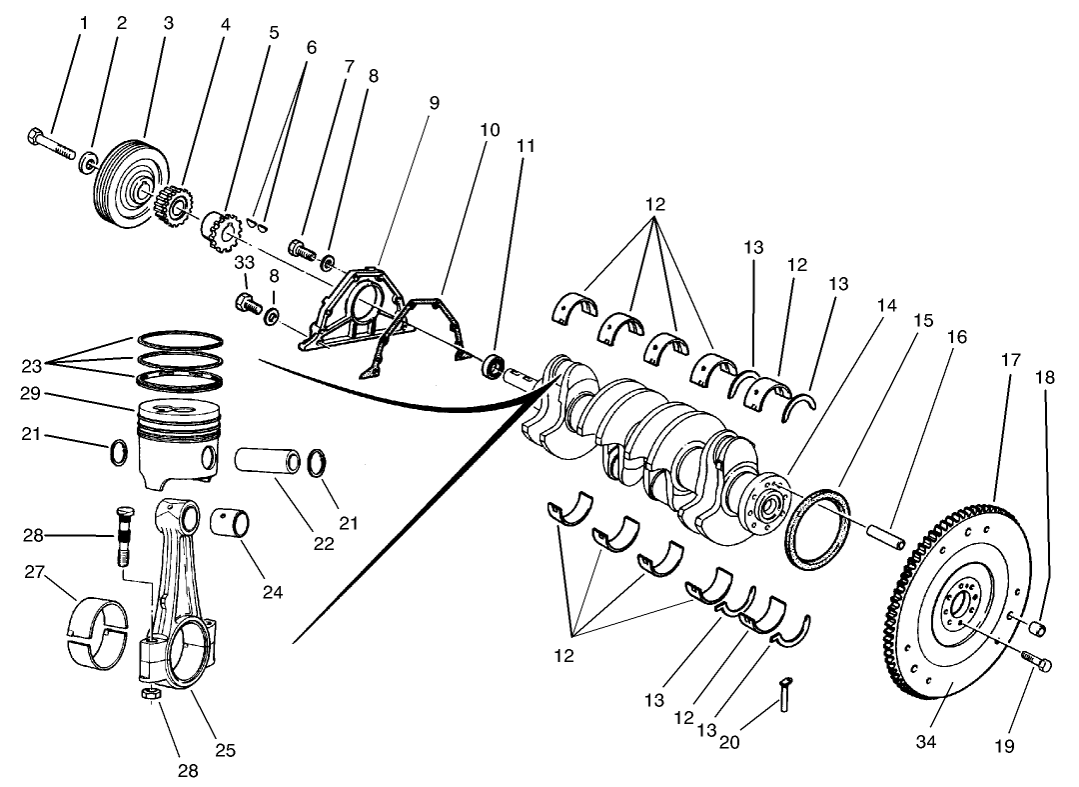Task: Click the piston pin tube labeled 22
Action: tap(267, 462)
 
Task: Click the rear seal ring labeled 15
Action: tap(818, 528)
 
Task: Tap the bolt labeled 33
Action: tap(246, 301)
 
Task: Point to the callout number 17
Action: tap(1010, 358)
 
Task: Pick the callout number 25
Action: tap(225, 750)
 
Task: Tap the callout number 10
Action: tap(489, 130)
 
